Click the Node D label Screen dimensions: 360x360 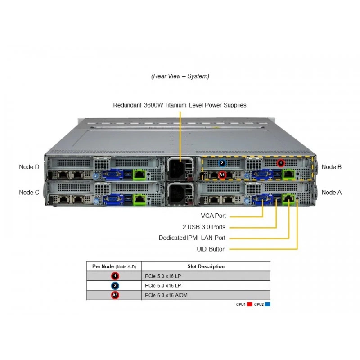coord(29,167)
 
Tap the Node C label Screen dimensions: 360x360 coord(29,193)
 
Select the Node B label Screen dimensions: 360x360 coord(332,167)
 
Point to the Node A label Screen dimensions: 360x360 coord(332,193)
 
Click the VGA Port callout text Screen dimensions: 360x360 coord(213,216)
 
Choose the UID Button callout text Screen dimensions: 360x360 coord(211,249)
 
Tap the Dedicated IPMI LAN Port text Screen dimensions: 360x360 coord(192,238)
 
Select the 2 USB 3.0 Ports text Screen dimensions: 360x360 coord(204,227)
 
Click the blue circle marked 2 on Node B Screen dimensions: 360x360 coord(222,163)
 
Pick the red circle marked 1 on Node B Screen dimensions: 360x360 coord(280,163)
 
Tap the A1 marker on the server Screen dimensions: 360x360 coord(222,175)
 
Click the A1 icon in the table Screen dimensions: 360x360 coord(115,295)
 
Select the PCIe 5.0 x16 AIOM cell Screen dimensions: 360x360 coord(166,295)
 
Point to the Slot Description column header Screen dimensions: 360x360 coord(206,266)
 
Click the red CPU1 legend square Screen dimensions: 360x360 coord(250,304)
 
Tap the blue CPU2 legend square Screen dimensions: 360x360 coord(267,304)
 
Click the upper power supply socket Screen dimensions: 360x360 coord(177,169)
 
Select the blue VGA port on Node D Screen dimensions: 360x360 coord(112,175)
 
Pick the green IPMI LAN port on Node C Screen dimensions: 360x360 coord(139,199)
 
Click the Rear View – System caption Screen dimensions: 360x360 coord(180,76)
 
